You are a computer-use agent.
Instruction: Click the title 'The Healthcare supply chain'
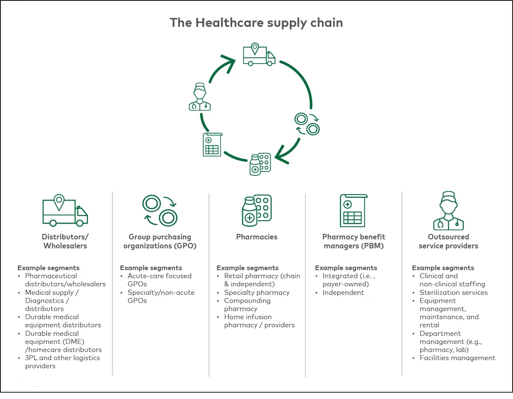(256, 23)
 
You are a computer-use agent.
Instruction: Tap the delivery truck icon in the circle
(259, 55)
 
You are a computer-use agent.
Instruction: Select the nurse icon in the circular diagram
(200, 97)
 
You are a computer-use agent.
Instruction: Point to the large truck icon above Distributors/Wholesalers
(65, 211)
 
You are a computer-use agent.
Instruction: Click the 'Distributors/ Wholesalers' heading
(65, 241)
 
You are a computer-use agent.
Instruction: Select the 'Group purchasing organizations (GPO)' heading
(160, 241)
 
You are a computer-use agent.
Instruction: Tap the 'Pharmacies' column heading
(256, 237)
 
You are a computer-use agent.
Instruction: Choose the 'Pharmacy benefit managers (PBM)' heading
(353, 241)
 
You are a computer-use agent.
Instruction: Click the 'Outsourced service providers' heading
(448, 241)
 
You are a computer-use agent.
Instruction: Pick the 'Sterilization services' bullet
(453, 293)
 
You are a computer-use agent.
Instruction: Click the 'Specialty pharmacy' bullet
(256, 293)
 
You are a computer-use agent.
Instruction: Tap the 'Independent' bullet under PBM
(343, 293)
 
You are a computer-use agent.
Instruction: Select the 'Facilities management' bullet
(457, 358)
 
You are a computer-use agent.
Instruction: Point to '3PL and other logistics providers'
(62, 362)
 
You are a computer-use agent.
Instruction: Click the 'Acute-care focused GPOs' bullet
(159, 280)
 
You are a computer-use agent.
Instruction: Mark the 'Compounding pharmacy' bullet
(247, 305)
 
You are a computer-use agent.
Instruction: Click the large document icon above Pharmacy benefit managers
(353, 211)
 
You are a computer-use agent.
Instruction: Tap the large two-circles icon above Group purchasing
(160, 211)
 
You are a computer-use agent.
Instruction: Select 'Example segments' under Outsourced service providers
(443, 268)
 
